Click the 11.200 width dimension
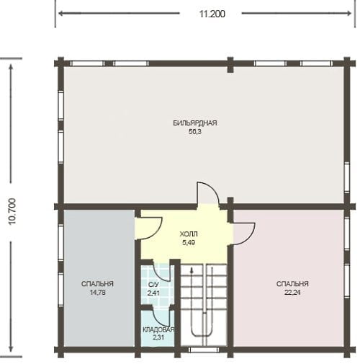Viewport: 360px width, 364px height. pyautogui.click(x=212, y=14)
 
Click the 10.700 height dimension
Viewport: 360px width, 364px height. pyautogui.click(x=12, y=211)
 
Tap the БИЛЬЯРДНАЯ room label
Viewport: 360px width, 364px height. pyautogui.click(x=195, y=123)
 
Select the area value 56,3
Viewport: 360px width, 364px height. pyautogui.click(x=195, y=132)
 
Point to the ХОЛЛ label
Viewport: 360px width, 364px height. pyautogui.click(x=189, y=234)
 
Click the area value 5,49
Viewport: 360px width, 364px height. pyautogui.click(x=189, y=243)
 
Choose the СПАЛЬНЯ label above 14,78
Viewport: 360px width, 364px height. pyautogui.click(x=97, y=284)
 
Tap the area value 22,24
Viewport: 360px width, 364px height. pyautogui.click(x=292, y=293)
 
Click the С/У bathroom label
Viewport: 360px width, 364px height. pyautogui.click(x=153, y=285)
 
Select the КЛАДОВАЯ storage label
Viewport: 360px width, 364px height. pyautogui.click(x=158, y=329)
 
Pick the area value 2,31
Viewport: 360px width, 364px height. pyautogui.click(x=158, y=337)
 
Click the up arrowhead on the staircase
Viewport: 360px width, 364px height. pyautogui.click(x=192, y=270)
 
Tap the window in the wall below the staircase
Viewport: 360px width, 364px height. pyautogui.click(x=204, y=350)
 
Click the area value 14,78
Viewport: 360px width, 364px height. pyautogui.click(x=97, y=293)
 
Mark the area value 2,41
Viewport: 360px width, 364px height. pyautogui.click(x=153, y=293)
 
